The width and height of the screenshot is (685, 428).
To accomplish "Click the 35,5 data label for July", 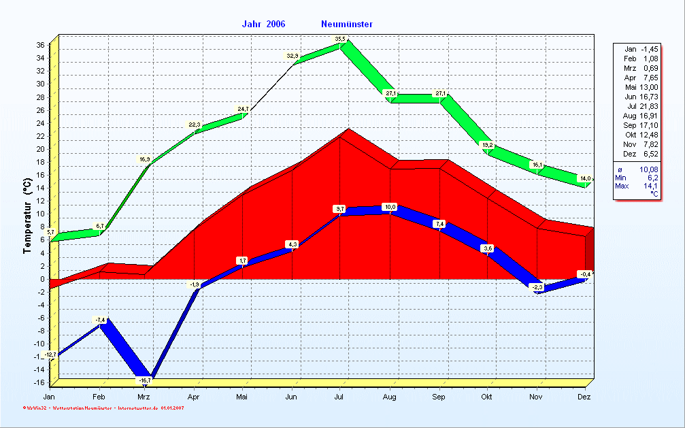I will pyautogui.click(x=340, y=39).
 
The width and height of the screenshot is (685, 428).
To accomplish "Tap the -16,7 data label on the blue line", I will pyautogui.click(x=144, y=380).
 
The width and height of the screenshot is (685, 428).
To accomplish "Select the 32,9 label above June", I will pyautogui.click(x=293, y=56).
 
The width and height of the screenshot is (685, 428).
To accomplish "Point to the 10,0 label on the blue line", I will pyautogui.click(x=390, y=207).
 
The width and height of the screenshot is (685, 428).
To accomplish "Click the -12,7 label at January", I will pyautogui.click(x=50, y=355).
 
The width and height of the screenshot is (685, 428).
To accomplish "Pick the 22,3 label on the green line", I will pyautogui.click(x=195, y=125).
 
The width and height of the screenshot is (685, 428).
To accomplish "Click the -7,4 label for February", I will pyautogui.click(x=100, y=320).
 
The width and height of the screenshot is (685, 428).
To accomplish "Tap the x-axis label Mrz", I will pyautogui.click(x=144, y=396).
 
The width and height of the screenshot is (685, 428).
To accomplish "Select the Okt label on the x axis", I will pyautogui.click(x=486, y=396).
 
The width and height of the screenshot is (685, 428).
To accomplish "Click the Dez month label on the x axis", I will pyautogui.click(x=584, y=396).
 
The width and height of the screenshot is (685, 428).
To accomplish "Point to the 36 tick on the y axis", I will pyautogui.click(x=40, y=46).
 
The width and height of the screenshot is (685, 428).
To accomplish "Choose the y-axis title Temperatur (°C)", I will pyautogui.click(x=27, y=216).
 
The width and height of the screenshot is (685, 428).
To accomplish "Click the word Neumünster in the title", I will pyautogui.click(x=346, y=24).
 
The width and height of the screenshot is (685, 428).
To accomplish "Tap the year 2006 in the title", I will pyautogui.click(x=275, y=24).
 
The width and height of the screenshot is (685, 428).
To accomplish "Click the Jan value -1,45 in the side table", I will pyautogui.click(x=649, y=49).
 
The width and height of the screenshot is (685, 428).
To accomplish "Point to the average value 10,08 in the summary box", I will pyautogui.click(x=648, y=169).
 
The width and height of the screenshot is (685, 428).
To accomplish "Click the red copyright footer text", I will pyautogui.click(x=102, y=408).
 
